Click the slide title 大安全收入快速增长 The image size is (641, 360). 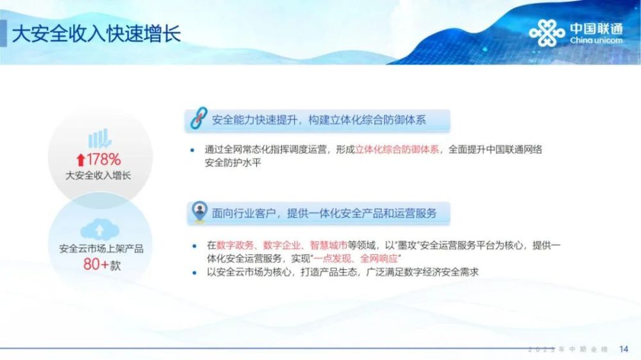pyautogui.click(x=97, y=33)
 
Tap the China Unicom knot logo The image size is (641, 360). pyautogui.click(x=547, y=33)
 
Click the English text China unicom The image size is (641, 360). pyautogui.click(x=596, y=40)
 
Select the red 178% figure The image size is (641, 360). pyautogui.click(x=103, y=160)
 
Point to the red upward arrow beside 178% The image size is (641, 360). pyautogui.click(x=81, y=160)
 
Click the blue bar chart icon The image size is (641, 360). pyautogui.click(x=100, y=138)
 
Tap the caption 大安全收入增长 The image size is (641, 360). pyautogui.click(x=98, y=176)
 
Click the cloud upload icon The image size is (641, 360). pyautogui.click(x=99, y=229)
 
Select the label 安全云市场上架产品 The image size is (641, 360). pyautogui.click(x=101, y=249)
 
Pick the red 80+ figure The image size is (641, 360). pyautogui.click(x=96, y=265)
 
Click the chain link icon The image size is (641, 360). pyautogui.click(x=199, y=119)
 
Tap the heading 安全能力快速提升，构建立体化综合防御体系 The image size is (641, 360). pyautogui.click(x=319, y=120)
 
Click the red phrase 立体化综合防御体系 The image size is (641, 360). pyautogui.click(x=397, y=149)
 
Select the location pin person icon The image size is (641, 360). pyautogui.click(x=199, y=211)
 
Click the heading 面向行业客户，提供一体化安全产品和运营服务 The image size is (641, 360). pyautogui.click(x=324, y=213)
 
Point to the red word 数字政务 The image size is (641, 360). pyautogui.click(x=235, y=245)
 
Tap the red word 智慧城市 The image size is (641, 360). pyautogui.click(x=328, y=245)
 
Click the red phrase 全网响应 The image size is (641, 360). pyautogui.click(x=379, y=259)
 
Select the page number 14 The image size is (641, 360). pyautogui.click(x=624, y=349)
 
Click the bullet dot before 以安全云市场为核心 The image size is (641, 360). pyautogui.click(x=194, y=272)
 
